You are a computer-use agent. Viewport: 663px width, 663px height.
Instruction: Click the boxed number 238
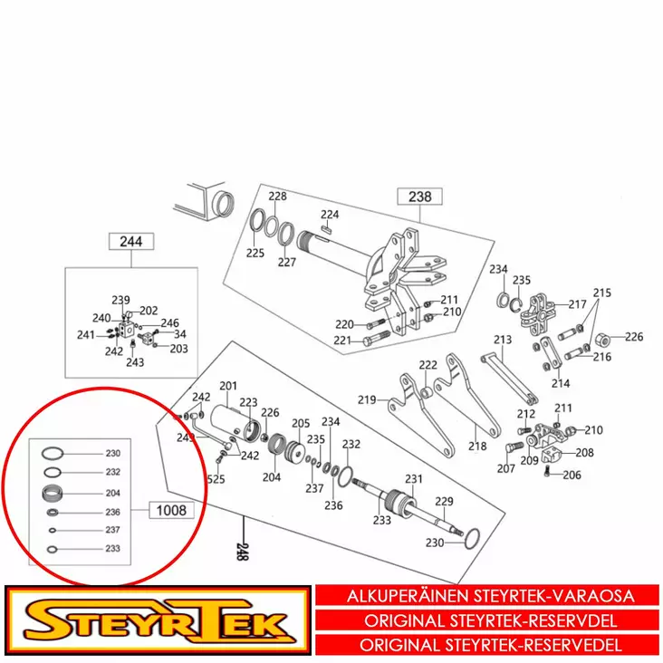(419, 197)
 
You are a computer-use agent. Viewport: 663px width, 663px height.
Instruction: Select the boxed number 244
(130, 242)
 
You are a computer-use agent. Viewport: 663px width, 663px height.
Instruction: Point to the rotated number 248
(242, 552)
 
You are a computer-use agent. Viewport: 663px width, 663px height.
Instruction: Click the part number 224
(329, 215)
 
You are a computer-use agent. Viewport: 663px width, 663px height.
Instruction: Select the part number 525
(216, 479)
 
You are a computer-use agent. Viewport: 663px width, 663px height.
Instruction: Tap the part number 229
(444, 501)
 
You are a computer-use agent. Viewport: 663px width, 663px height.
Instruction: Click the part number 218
(476, 446)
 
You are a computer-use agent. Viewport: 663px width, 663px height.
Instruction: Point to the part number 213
(504, 341)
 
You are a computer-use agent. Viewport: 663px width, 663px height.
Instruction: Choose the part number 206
(572, 476)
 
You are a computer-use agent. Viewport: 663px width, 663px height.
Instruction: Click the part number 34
(179, 334)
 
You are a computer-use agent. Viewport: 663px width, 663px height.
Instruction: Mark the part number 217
(577, 304)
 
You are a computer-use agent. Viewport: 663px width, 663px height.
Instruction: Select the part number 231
(414, 479)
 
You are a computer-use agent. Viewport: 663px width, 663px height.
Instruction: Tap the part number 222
(428, 365)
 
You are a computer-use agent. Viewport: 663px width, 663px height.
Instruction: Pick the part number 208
(584, 452)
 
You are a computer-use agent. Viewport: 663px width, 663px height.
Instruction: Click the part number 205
(300, 423)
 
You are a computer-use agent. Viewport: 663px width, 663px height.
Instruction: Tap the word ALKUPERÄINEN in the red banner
(408, 597)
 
